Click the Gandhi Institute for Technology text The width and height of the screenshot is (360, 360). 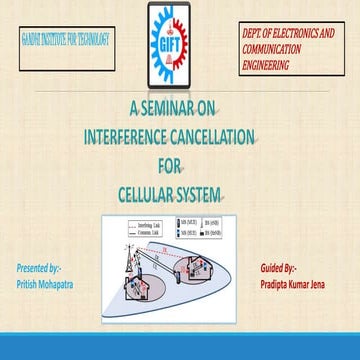click(x=66, y=42)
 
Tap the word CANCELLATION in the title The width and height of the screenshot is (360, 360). click(x=215, y=136)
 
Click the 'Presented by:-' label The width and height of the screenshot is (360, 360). click(x=39, y=268)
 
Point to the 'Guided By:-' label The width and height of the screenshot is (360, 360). click(x=278, y=268)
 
